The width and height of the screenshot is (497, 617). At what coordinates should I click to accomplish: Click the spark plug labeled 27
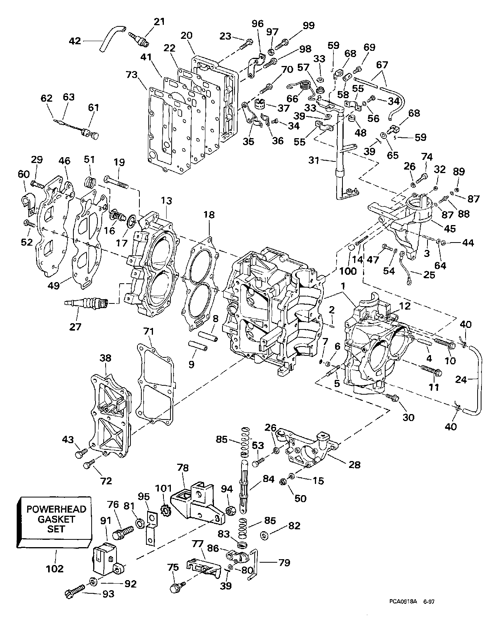86,302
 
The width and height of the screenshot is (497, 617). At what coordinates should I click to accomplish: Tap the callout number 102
55,568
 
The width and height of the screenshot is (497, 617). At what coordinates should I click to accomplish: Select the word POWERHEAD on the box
56,509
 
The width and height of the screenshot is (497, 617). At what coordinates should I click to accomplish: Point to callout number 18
209,215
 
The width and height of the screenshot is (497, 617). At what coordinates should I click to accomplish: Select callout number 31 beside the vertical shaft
314,160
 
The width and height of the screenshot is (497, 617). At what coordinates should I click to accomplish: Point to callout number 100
348,271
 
